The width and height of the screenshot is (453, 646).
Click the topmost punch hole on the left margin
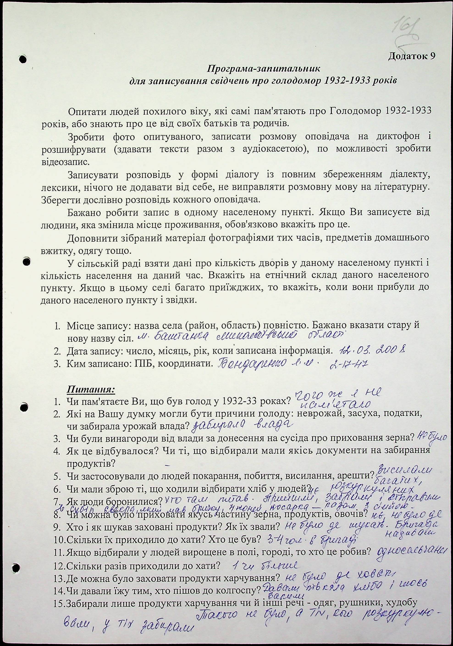(x=24, y=59)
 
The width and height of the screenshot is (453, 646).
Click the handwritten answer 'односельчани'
(x=413, y=550)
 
